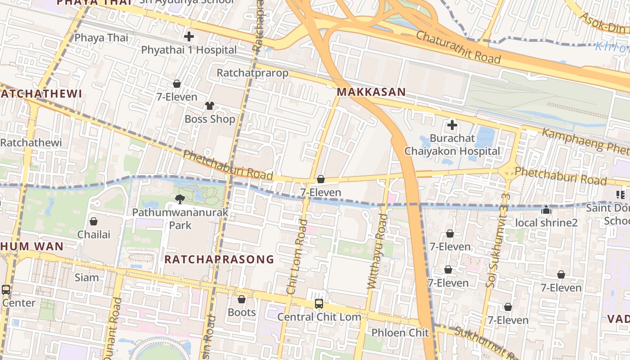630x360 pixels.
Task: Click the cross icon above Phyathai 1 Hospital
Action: (x=189, y=36)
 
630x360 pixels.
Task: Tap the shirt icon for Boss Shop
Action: (x=210, y=106)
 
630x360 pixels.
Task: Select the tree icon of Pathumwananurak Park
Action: (x=180, y=199)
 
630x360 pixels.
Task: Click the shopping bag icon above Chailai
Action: (x=94, y=221)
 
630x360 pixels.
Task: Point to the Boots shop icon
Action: (x=242, y=299)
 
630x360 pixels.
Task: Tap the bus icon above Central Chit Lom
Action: (x=319, y=304)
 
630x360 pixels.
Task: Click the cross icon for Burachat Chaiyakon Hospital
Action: (x=452, y=125)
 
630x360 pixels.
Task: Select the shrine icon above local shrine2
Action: (x=546, y=210)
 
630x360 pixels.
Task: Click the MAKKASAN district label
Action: (x=371, y=92)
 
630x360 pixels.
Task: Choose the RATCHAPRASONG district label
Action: (x=219, y=259)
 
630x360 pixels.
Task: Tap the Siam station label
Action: (x=86, y=277)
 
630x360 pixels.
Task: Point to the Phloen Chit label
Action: (x=400, y=333)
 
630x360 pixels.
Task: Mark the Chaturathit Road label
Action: (x=458, y=47)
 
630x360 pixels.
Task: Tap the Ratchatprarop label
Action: (x=252, y=73)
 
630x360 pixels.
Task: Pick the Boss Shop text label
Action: (x=210, y=119)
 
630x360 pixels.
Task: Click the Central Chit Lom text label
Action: (x=319, y=317)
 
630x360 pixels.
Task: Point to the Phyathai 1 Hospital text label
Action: (x=189, y=50)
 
